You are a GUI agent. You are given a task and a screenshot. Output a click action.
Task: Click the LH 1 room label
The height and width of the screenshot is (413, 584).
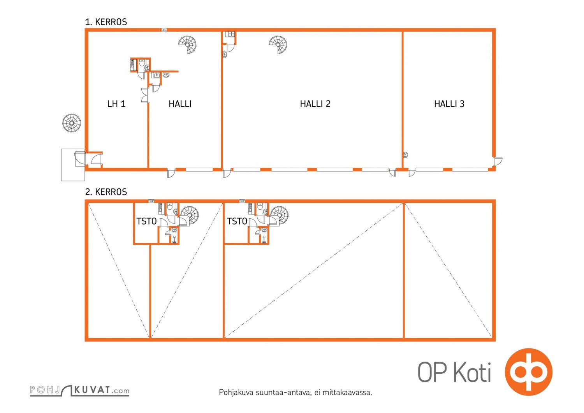tap(116, 104)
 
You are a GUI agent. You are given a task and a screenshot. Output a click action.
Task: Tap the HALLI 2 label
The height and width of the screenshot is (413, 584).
tap(315, 104)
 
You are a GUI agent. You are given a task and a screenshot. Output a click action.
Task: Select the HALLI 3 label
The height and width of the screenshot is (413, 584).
tap(449, 104)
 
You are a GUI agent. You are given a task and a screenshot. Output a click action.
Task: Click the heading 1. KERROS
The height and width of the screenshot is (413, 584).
tap(106, 22)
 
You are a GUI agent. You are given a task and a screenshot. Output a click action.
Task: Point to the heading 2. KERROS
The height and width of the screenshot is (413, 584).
tap(106, 192)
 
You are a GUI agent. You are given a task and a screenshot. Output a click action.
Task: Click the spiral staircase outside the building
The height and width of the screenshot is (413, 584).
tap(72, 123)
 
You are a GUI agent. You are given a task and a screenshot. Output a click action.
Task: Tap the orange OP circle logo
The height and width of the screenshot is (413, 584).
tap(528, 372)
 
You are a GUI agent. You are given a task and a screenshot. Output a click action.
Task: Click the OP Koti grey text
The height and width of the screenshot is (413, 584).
tap(454, 372)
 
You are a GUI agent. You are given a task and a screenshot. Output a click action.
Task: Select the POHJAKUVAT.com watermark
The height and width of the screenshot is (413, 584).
tap(79, 390)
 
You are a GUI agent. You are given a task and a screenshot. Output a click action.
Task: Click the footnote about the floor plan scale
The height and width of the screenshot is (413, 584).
tap(296, 392)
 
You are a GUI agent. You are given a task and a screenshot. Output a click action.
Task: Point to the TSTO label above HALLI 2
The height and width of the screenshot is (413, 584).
tap(237, 221)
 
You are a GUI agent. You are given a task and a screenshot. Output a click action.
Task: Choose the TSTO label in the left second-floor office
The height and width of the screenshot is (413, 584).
tap(146, 221)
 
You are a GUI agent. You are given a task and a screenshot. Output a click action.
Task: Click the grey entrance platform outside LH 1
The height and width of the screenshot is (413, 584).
tap(73, 165)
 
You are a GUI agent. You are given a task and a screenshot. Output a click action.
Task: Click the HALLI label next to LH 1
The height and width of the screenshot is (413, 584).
tap(180, 104)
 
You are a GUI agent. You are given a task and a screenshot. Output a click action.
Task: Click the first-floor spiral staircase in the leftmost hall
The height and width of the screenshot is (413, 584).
tap(188, 44)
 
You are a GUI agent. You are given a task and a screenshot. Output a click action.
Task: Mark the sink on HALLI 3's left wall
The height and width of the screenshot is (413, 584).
tap(405, 155)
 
